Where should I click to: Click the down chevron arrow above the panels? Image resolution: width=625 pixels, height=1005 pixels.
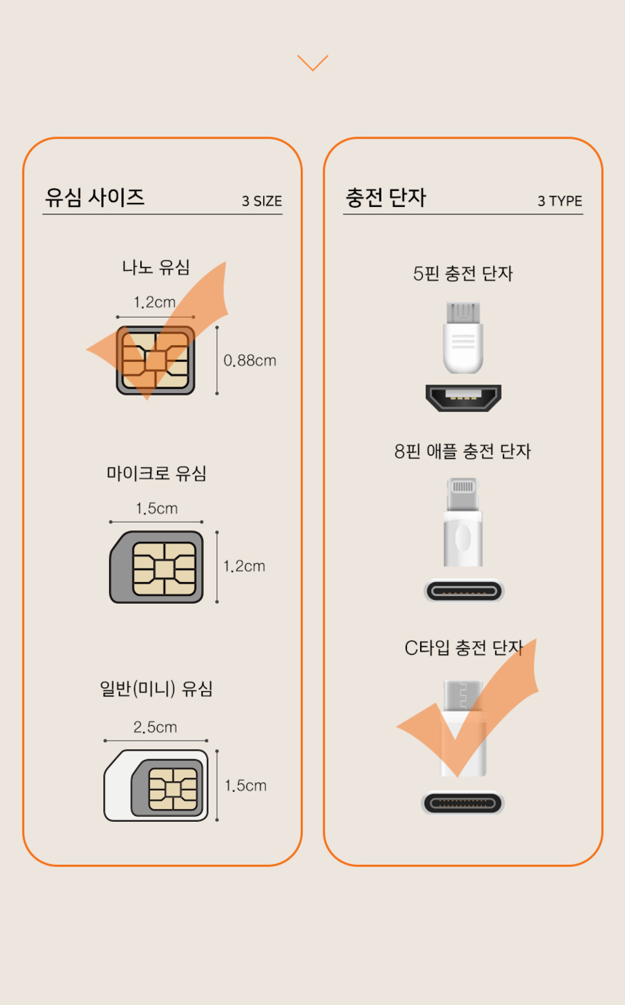pyautogui.click(x=312, y=62)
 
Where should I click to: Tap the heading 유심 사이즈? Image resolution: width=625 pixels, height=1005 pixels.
pyautogui.click(x=94, y=198)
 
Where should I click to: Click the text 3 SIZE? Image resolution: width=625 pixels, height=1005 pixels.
pyautogui.click(x=262, y=201)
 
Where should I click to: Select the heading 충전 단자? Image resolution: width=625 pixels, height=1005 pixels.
pyautogui.click(x=386, y=198)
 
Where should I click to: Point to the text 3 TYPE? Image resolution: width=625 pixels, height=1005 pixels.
pyautogui.click(x=560, y=201)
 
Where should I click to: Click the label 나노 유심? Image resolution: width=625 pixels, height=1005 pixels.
pyautogui.click(x=156, y=267)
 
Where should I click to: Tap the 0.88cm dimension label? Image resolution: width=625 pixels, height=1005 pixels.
pyautogui.click(x=250, y=360)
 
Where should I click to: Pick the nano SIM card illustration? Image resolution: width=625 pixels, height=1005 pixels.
pyautogui.click(x=156, y=360)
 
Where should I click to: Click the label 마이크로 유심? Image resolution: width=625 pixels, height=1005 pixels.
pyautogui.click(x=156, y=473)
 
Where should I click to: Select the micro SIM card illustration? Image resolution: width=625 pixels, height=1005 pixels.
pyautogui.click(x=156, y=567)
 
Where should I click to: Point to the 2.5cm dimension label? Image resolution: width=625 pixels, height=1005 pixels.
pyautogui.click(x=156, y=727)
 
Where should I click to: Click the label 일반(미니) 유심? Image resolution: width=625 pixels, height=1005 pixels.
pyautogui.click(x=156, y=689)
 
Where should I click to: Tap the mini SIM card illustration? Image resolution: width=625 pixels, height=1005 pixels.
pyautogui.click(x=156, y=786)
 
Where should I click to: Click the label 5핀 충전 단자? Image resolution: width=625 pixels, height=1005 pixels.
pyautogui.click(x=463, y=274)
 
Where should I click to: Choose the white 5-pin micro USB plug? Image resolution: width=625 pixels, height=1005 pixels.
pyautogui.click(x=463, y=337)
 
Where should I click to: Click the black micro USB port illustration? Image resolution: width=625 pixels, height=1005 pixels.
pyautogui.click(x=464, y=398)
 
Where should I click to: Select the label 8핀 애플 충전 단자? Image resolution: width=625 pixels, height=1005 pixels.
pyautogui.click(x=463, y=451)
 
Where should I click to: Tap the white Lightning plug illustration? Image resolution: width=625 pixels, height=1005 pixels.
pyautogui.click(x=463, y=522)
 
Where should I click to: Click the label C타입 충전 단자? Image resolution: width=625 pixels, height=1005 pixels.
pyautogui.click(x=464, y=648)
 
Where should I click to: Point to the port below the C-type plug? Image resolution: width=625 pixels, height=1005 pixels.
pyautogui.click(x=463, y=803)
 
